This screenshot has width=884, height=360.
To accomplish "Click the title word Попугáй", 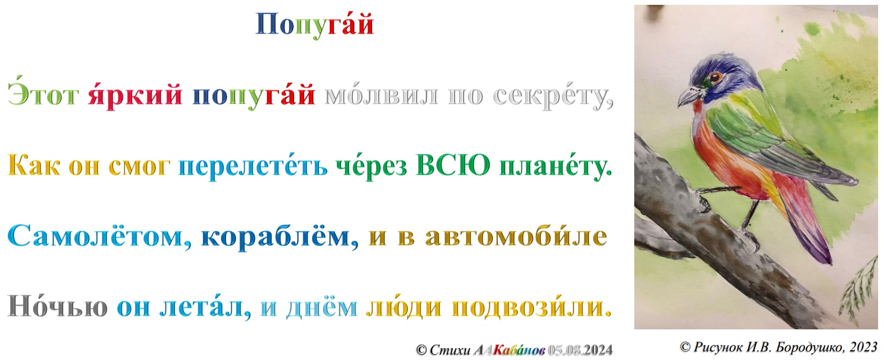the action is pyautogui.click(x=315, y=25).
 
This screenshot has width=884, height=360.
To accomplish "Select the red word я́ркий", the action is pyautogui.click(x=135, y=96).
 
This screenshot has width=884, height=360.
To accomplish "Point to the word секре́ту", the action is pyautogui.click(x=553, y=96).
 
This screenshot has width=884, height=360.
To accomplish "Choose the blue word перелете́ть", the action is pyautogui.click(x=253, y=167).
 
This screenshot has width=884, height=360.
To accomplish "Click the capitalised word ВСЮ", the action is pyautogui.click(x=453, y=164).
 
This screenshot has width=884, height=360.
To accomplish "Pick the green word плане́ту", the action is pyautogui.click(x=556, y=167).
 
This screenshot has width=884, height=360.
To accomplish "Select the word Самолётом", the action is pyautogui.click(x=99, y=236).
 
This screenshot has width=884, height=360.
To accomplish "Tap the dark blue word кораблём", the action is pyautogui.click(x=280, y=237).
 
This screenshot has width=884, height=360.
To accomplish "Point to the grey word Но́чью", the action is pyautogui.click(x=57, y=306).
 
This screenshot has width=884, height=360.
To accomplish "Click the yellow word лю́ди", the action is pyautogui.click(x=403, y=307).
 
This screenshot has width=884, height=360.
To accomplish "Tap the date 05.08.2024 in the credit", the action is pyautogui.click(x=580, y=350).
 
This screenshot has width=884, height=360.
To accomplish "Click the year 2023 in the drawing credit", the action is pyautogui.click(x=864, y=347).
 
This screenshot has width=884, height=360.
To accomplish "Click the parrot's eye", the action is pyautogui.click(x=714, y=77).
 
